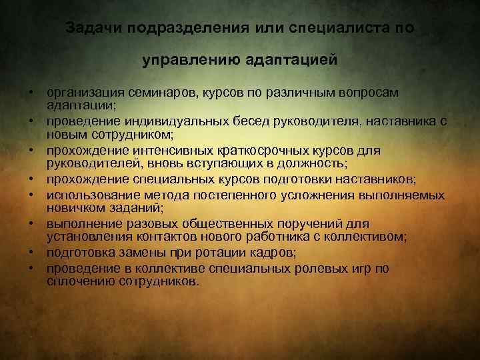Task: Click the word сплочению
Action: point(76,281)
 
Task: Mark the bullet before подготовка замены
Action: point(31,253)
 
